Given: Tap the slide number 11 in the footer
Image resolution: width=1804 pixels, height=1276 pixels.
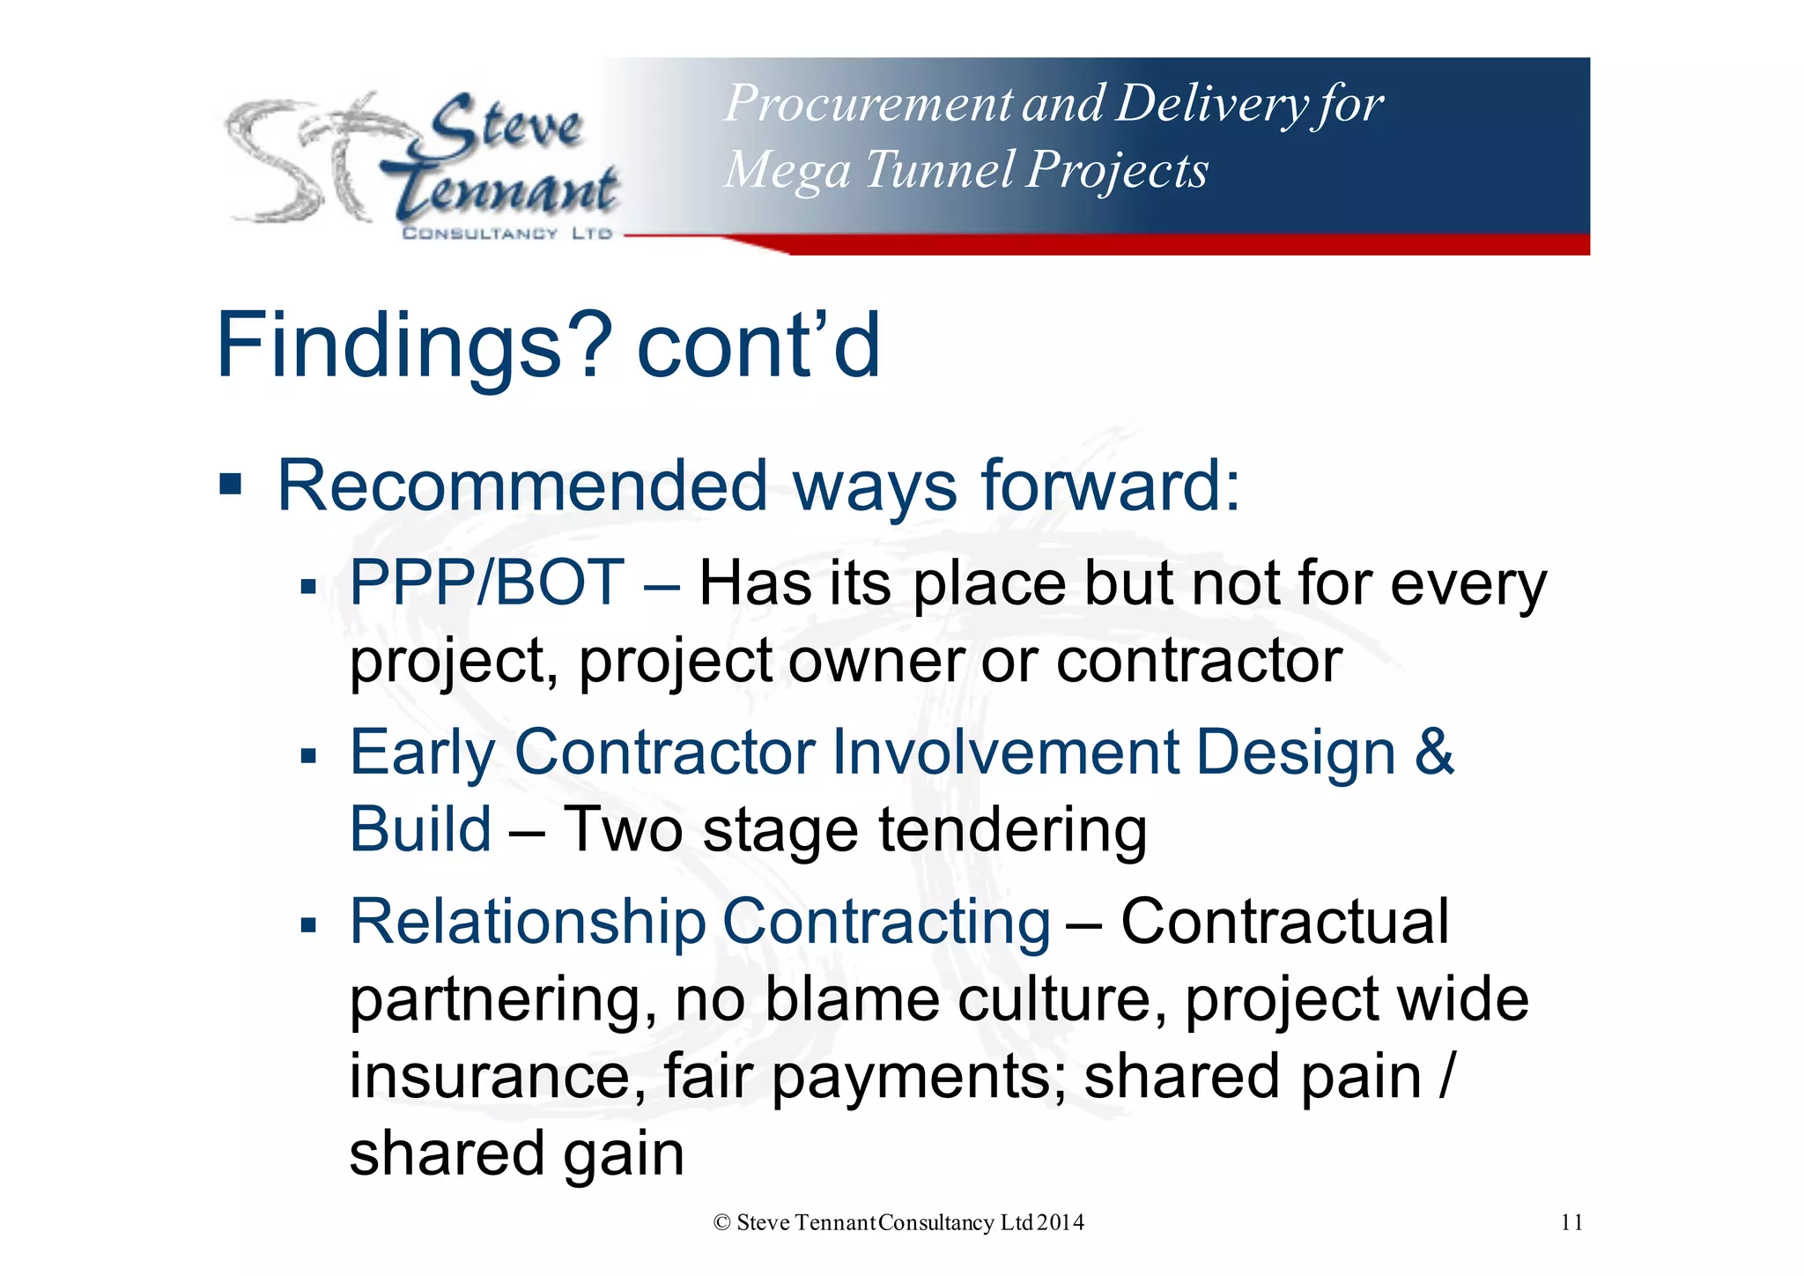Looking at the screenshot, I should [x=1571, y=1222].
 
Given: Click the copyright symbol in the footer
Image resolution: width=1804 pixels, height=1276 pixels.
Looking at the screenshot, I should [x=722, y=1222].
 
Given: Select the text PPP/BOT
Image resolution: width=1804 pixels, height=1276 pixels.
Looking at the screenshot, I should [x=487, y=583].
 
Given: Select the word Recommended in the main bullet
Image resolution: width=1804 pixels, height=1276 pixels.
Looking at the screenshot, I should [x=522, y=486].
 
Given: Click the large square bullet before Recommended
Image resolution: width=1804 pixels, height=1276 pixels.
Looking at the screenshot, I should [x=231, y=484].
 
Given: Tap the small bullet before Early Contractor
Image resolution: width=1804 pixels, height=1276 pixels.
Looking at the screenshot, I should [x=307, y=755].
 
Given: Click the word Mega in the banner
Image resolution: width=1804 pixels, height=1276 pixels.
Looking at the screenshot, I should [x=787, y=169].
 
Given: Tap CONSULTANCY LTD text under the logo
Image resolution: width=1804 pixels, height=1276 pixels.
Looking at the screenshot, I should [x=506, y=234].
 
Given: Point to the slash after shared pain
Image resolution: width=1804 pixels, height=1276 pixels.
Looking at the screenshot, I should [x=1445, y=1077].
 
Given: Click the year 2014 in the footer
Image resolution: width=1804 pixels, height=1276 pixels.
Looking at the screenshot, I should [x=1061, y=1222].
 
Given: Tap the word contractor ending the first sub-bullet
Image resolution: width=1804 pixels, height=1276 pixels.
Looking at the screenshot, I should [x=1199, y=661].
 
